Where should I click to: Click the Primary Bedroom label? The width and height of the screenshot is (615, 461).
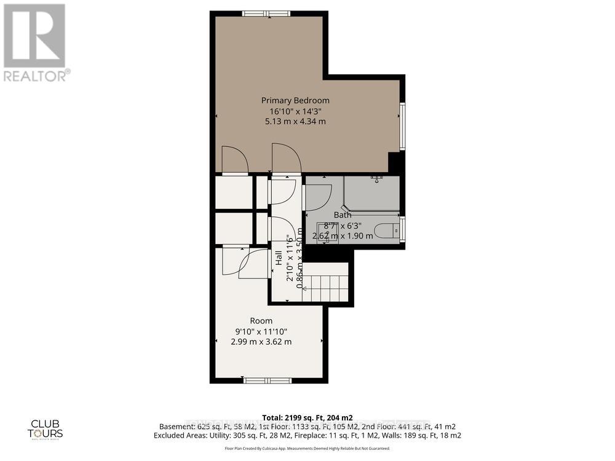point(295,100)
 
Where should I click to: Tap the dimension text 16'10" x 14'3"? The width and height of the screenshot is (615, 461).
point(295,111)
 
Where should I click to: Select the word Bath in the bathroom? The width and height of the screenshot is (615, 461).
point(343,215)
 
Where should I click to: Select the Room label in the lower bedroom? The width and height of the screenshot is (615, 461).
point(261,321)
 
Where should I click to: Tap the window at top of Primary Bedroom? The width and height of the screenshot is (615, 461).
point(266,14)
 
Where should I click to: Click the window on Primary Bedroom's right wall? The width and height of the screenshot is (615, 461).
point(402,126)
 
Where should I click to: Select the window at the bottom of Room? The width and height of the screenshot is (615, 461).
point(268,380)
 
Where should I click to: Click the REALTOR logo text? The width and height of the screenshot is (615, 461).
point(36,76)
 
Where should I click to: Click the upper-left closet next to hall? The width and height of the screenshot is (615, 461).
point(234,192)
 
